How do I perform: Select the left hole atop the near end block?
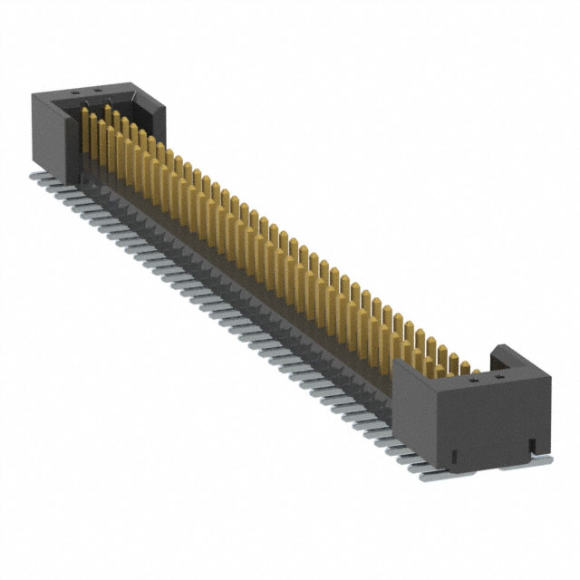click(x=472, y=382)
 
